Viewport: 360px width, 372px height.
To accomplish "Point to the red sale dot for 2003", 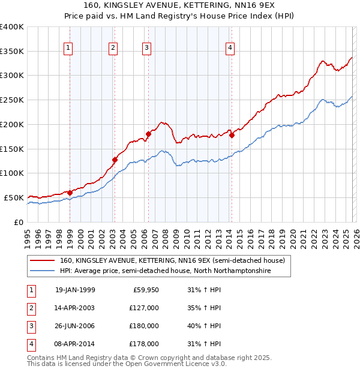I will pyautogui.click(x=115, y=160).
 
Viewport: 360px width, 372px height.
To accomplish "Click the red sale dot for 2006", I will pyautogui.click(x=148, y=134).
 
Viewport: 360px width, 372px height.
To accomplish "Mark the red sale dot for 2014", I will pyautogui.click(x=232, y=135).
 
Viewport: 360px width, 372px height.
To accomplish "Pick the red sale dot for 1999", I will pyautogui.click(x=70, y=193).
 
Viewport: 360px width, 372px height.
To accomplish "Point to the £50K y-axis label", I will pyautogui.click(x=14, y=197).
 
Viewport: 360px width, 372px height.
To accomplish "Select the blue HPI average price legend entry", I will pyautogui.click(x=165, y=271).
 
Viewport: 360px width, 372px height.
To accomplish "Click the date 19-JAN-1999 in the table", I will pyautogui.click(x=75, y=290).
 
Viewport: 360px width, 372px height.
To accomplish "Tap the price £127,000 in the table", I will pyautogui.click(x=144, y=308).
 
